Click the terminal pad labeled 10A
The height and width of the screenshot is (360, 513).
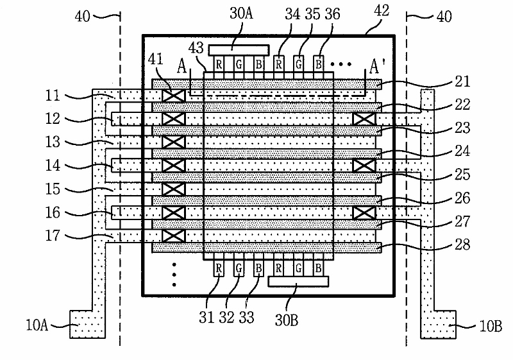87,324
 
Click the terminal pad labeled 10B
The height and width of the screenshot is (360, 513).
438,324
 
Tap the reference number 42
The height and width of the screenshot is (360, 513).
382,10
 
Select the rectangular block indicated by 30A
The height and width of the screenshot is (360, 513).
239,50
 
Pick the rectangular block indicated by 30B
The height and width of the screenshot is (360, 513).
298,282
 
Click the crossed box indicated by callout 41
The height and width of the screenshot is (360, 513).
174,96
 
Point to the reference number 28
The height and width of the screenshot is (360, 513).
462,244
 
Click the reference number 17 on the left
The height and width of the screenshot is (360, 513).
53,236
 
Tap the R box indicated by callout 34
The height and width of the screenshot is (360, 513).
279,64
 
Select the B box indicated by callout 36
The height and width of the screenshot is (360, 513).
319,64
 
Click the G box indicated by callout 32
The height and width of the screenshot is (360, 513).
239,269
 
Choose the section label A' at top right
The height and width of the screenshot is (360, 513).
377,67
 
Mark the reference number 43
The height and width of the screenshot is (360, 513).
196,47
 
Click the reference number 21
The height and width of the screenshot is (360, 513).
462,81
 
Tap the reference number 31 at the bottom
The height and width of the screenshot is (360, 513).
206,317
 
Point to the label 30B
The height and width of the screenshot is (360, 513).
287,320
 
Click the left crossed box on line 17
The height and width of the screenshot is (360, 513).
174,236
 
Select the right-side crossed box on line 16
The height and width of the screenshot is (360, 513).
364,213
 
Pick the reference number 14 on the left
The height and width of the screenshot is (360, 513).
53,166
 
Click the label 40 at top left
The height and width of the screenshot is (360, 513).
83,16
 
